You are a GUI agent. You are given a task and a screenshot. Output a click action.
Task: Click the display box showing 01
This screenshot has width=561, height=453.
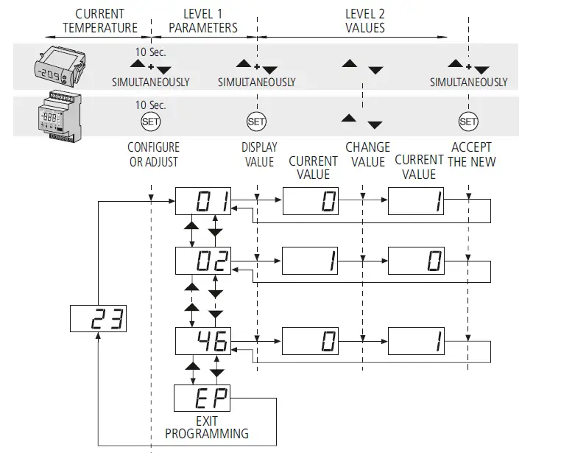(203, 200)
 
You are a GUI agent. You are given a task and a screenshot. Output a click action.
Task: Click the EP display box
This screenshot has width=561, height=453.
(203, 399)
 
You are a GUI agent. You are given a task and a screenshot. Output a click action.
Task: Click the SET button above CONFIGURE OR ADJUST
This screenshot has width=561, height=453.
(150, 122)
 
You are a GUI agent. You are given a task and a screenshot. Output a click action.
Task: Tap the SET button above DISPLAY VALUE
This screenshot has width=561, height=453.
(256, 122)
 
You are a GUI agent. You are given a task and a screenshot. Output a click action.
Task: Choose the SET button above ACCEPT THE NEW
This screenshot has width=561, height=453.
(468, 122)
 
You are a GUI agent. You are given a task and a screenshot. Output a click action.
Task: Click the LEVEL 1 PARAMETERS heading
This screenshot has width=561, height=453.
(203, 21)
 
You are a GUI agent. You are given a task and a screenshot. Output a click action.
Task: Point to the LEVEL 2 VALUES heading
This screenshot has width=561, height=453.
(364, 21)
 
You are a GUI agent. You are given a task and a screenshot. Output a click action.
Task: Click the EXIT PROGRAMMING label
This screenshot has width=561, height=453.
(206, 428)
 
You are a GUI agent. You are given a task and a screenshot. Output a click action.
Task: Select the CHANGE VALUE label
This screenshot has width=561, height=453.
(367, 154)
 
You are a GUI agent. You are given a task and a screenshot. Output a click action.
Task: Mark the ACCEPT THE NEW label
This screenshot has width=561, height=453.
(471, 154)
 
